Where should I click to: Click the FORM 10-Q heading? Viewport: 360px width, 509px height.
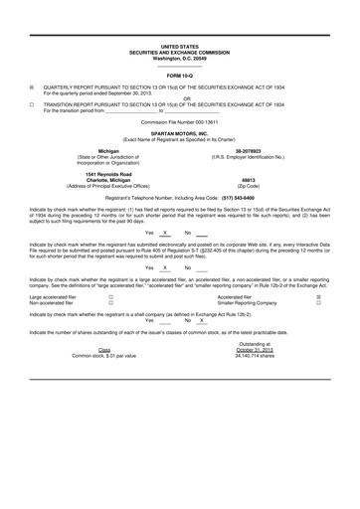click(x=179, y=76)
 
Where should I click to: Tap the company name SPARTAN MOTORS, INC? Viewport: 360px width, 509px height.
click(x=179, y=132)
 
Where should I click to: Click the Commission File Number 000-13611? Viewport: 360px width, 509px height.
click(x=179, y=121)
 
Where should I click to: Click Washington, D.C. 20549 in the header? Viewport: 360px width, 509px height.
click(x=179, y=58)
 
